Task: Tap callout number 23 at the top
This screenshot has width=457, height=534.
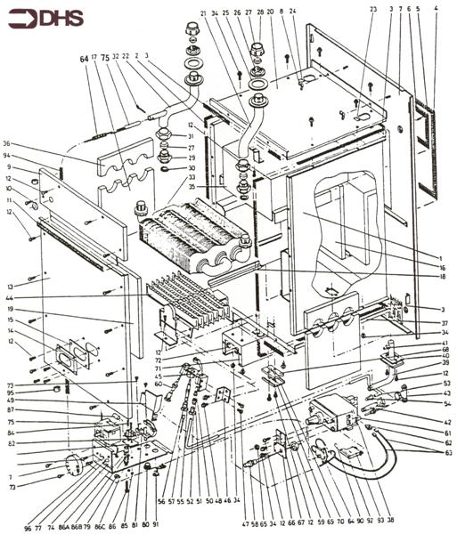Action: pos(372,8)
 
